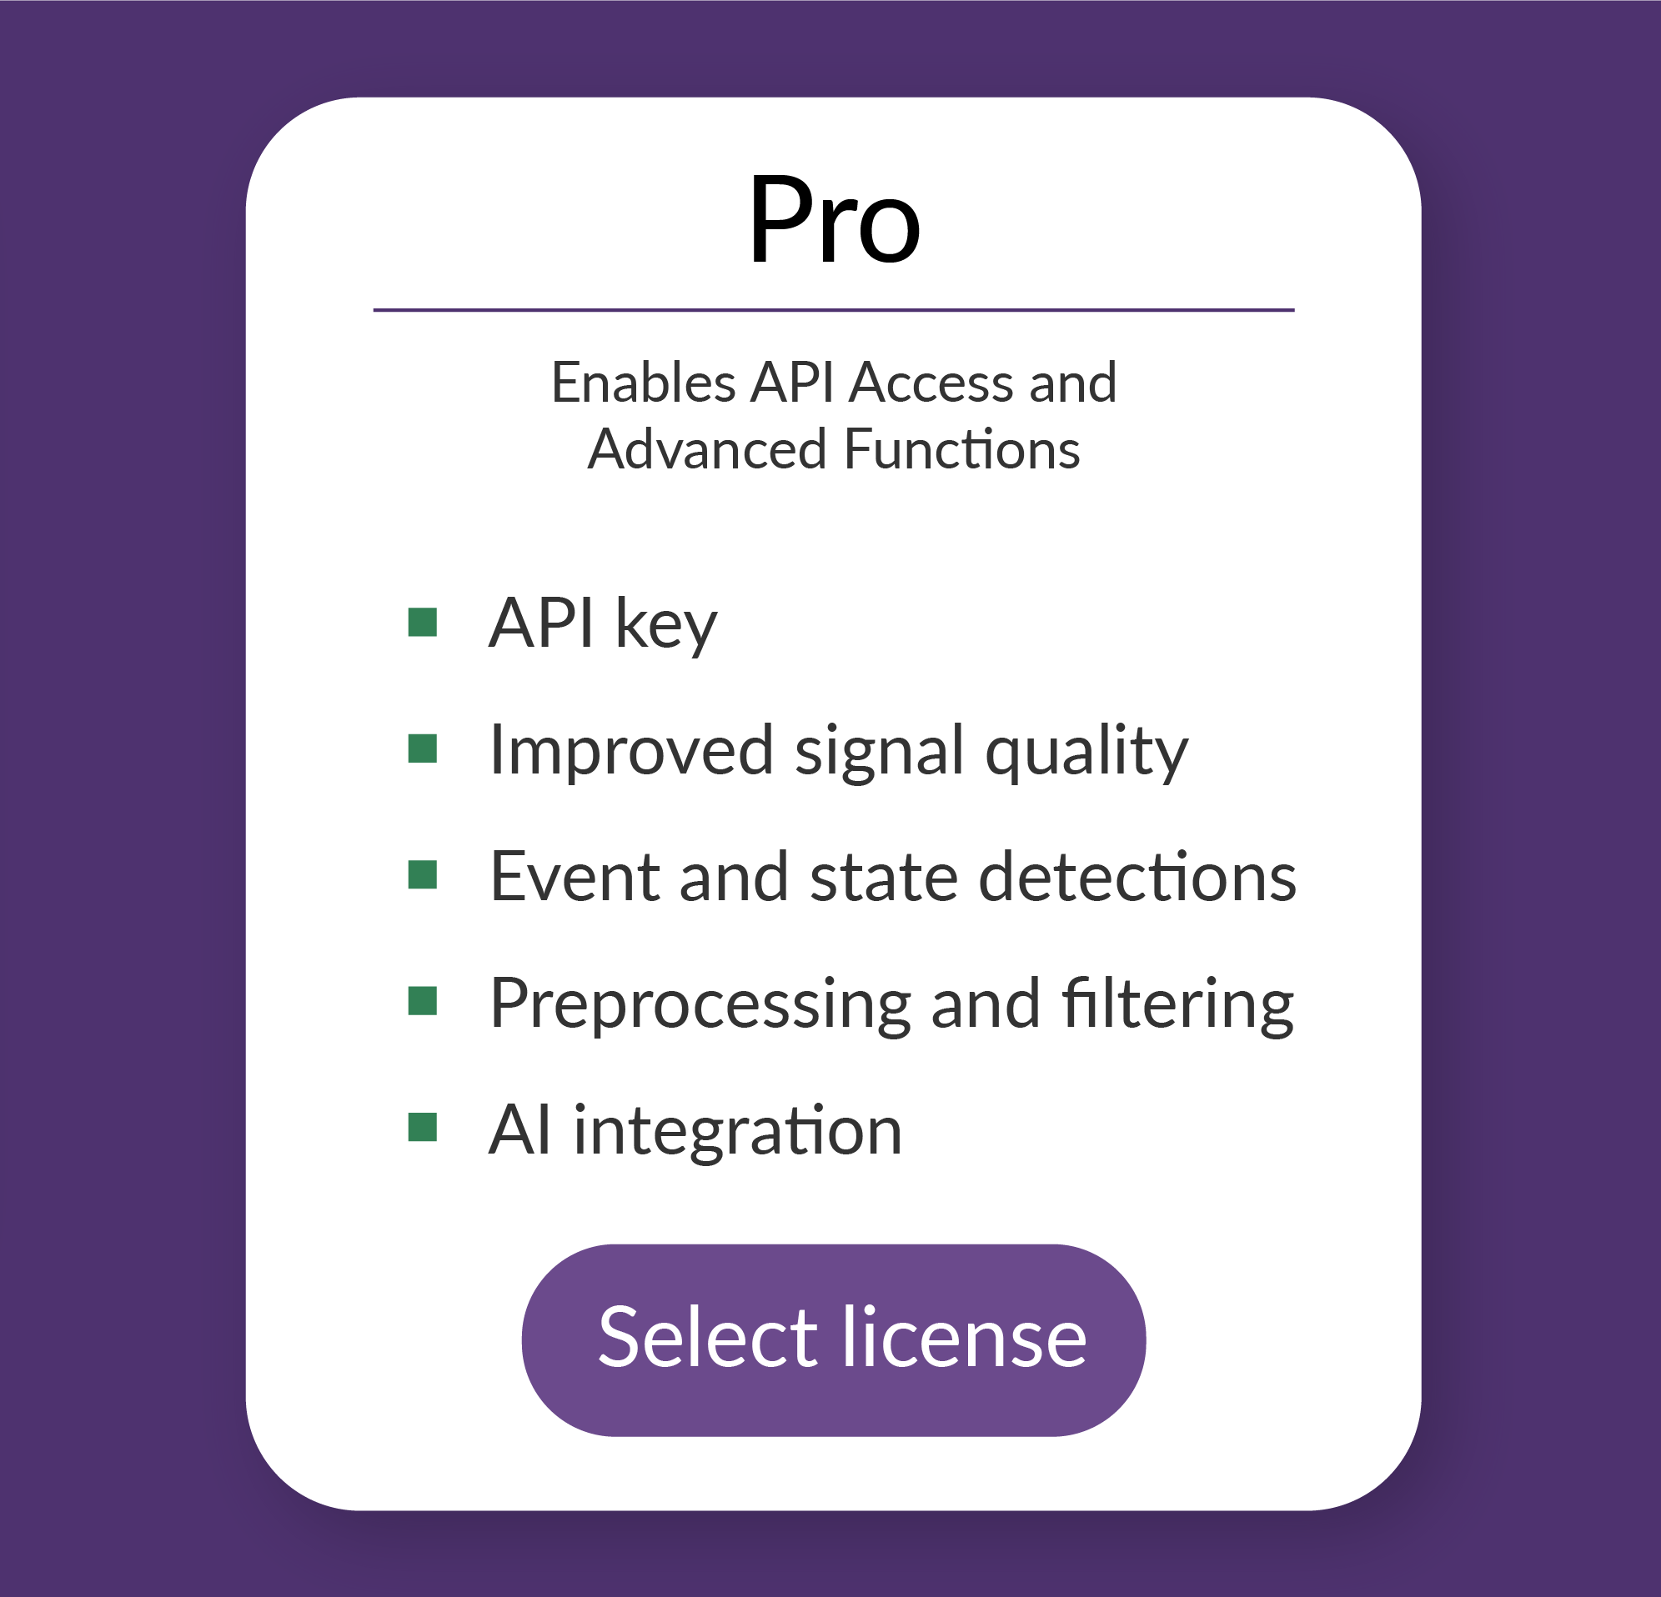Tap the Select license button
point(834,1339)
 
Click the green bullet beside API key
point(422,622)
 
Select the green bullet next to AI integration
point(422,1128)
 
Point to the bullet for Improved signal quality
point(422,749)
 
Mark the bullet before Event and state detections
point(422,875)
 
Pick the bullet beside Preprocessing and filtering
point(422,1001)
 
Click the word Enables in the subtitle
point(643,382)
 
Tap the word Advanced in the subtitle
point(707,449)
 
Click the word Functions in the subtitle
point(962,449)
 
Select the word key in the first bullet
point(666,625)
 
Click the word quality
point(1086,752)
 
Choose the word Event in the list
point(574,877)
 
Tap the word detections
point(1137,877)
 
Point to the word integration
point(737,1131)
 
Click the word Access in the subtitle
point(931,382)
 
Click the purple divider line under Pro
point(834,310)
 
